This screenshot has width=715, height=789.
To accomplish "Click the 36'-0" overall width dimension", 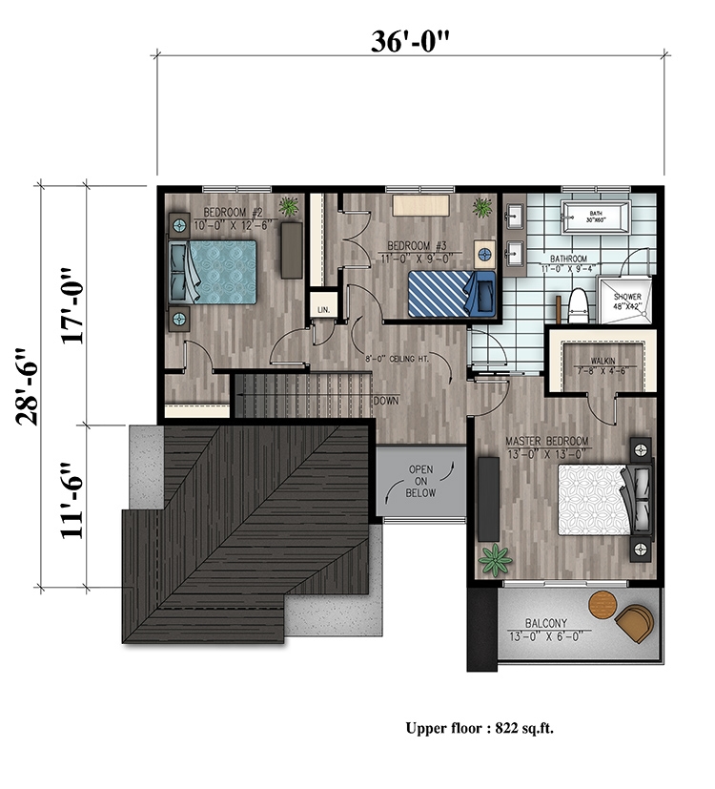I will (x=409, y=40).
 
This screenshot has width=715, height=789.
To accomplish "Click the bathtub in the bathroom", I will (x=596, y=219).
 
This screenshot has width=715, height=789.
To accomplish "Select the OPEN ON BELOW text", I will (x=421, y=482).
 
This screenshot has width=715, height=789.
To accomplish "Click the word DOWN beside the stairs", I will (x=386, y=402).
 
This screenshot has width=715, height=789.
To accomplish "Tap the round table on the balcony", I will (x=603, y=603).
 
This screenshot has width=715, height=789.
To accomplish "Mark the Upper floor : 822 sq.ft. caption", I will (x=480, y=728).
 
